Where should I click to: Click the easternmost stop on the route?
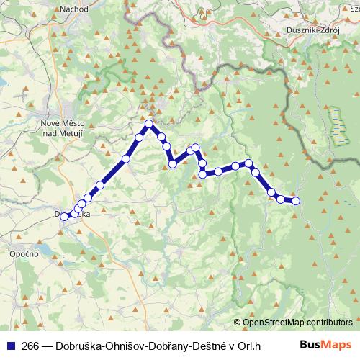[295, 201]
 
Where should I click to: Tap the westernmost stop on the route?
[65, 216]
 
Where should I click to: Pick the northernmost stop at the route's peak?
[149, 124]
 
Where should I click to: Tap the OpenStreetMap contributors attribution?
[297, 323]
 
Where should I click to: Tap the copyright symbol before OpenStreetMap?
[238, 323]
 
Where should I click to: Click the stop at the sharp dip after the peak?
[173, 164]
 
